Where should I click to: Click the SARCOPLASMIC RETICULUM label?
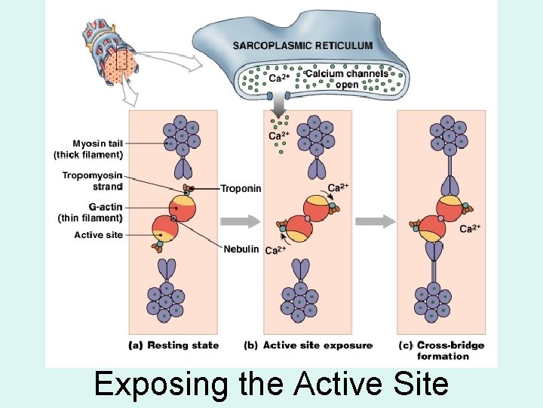(x=302, y=45)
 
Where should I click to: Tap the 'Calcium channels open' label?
(x=347, y=79)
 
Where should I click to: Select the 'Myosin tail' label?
(x=88, y=149)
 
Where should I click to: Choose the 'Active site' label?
(x=98, y=235)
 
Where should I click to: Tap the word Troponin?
(x=241, y=188)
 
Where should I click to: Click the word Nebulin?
(x=241, y=249)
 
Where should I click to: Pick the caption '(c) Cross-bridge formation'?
(x=442, y=351)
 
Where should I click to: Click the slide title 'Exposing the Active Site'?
(x=271, y=385)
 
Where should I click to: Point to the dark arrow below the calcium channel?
(x=287, y=103)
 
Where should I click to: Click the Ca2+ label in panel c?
(x=471, y=228)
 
